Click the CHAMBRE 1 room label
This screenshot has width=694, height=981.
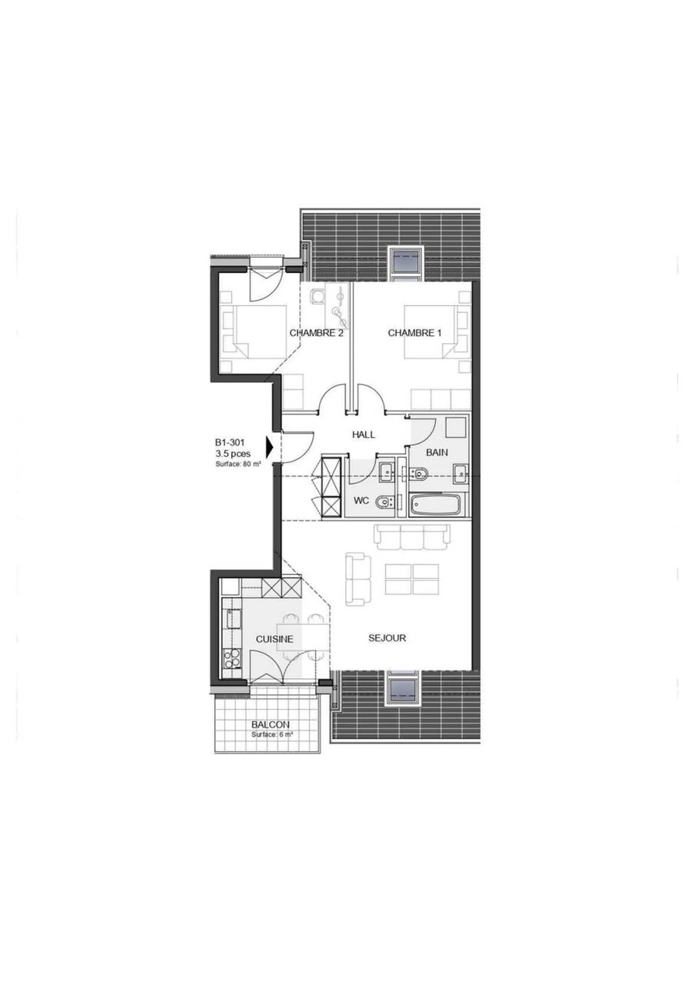(414, 333)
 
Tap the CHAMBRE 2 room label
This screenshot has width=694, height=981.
(316, 333)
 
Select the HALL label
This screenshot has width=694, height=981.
(363, 434)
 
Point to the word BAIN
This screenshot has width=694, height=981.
(437, 452)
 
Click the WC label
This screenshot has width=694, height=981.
(361, 500)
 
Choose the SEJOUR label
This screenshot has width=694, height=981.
(387, 638)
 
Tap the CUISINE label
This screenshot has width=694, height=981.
(274, 639)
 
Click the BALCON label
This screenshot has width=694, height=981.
(270, 724)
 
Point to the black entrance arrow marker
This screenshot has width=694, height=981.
(269, 447)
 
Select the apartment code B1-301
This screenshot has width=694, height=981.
(229, 442)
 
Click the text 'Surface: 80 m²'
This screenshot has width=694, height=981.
(238, 464)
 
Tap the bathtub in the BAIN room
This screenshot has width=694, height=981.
(435, 505)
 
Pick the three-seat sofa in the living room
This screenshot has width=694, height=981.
(413, 536)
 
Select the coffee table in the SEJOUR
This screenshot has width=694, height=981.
(412, 579)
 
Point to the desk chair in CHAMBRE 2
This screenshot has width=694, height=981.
(317, 296)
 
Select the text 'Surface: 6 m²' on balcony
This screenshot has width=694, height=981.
(272, 735)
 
